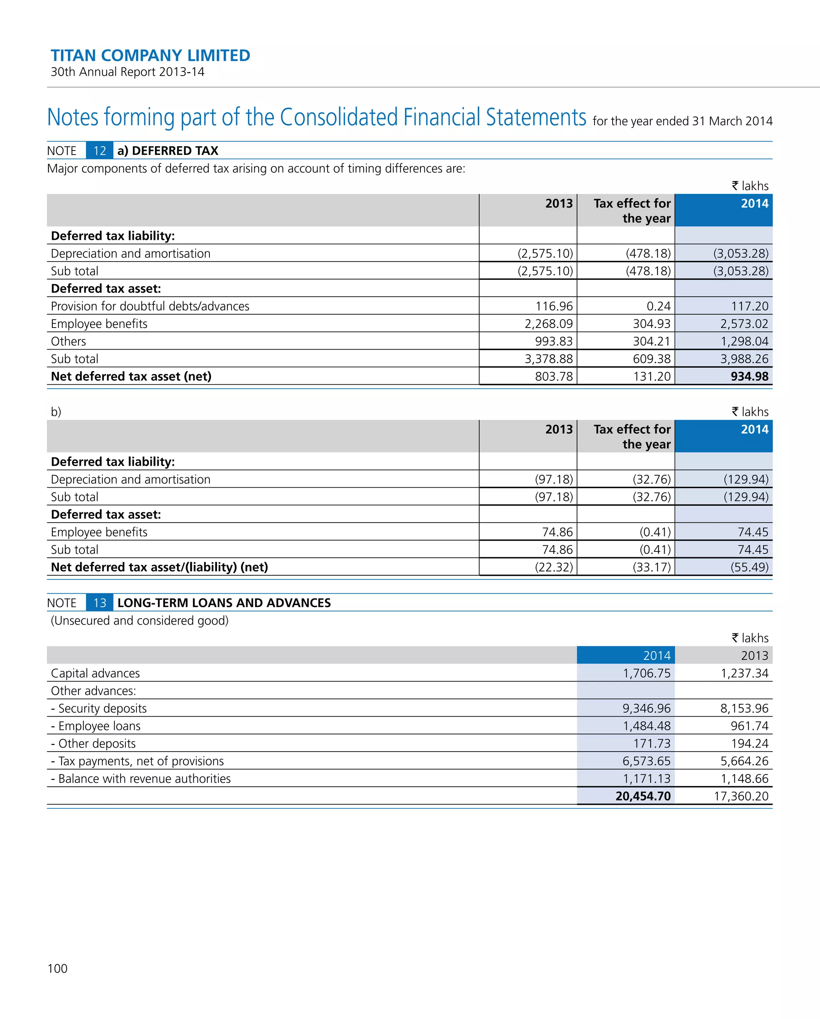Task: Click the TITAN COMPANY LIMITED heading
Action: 150,55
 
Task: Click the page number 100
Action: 57,969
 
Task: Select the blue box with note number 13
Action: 99,603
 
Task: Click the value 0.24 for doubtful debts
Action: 658,306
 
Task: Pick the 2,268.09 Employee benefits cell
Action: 548,324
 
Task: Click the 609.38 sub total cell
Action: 651,359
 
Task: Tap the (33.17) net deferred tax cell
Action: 651,567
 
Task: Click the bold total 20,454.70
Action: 643,796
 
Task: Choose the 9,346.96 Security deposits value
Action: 646,708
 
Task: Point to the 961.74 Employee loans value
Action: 749,726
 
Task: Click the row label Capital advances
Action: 95,673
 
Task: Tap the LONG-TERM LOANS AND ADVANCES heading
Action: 224,603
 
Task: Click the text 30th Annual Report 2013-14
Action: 128,72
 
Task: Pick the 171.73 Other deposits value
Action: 651,744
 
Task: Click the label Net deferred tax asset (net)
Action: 131,376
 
